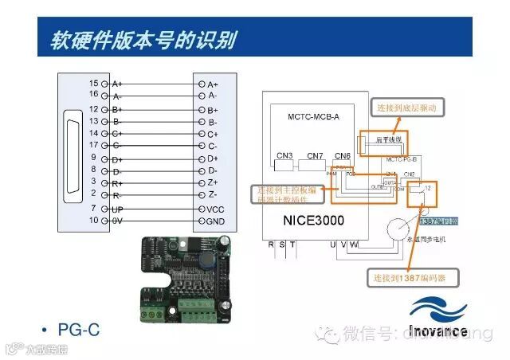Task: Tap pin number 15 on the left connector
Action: (93, 83)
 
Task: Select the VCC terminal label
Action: (215, 208)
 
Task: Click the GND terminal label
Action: (216, 221)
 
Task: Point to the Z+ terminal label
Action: (213, 182)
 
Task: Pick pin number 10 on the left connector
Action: (93, 220)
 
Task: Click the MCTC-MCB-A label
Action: (313, 116)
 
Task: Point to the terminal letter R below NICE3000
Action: (272, 245)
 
